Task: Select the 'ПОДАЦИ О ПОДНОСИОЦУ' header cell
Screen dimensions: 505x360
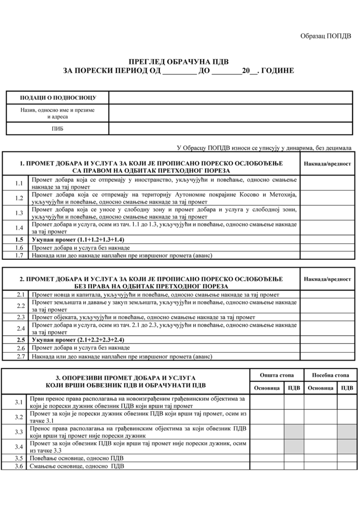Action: (58, 98)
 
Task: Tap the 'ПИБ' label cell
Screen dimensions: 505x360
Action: (58, 129)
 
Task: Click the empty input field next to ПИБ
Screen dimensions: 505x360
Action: (230, 129)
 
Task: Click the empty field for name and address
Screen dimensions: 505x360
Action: (230, 113)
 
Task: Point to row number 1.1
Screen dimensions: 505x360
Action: (19, 183)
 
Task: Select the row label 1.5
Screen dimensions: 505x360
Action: (19, 240)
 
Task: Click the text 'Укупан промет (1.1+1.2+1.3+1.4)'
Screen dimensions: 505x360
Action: (77, 240)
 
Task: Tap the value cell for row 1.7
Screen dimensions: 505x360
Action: (327, 255)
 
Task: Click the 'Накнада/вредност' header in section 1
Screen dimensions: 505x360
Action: (327, 164)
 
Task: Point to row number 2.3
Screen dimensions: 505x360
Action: (20, 317)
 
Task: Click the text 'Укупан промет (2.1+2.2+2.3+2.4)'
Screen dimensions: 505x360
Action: (77, 340)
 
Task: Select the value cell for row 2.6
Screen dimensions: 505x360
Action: (327, 348)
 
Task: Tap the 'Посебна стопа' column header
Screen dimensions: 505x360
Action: (330, 375)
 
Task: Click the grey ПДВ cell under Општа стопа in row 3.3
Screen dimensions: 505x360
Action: (294, 432)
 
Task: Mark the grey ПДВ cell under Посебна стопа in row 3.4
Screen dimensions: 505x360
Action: (347, 447)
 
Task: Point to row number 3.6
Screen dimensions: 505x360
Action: (19, 466)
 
